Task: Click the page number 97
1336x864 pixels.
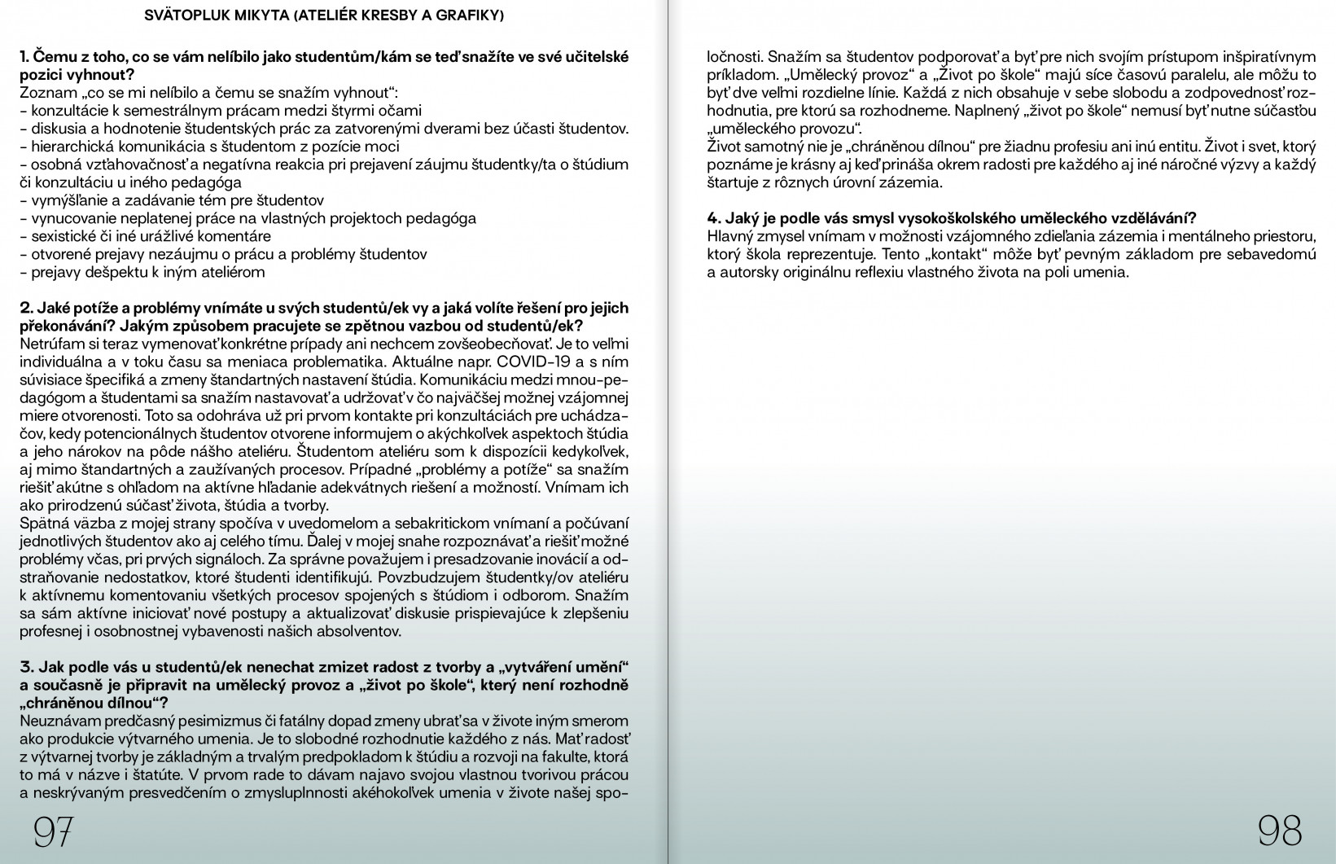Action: (54, 831)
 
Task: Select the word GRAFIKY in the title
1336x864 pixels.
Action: (466, 15)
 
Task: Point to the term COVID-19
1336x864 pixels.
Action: (530, 362)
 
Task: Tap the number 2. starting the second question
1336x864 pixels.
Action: (26, 309)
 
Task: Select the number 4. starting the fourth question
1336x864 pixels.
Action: (714, 218)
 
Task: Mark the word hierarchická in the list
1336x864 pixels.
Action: (71, 147)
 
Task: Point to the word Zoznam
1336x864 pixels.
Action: (45, 93)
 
